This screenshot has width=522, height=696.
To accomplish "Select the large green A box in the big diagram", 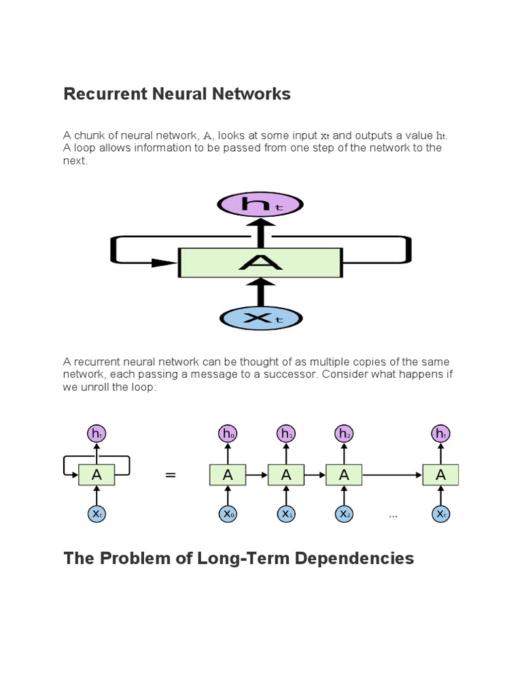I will click(x=260, y=262).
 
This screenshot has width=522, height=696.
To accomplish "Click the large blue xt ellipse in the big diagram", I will click(x=260, y=318).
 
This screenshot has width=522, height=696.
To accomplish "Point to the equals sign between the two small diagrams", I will click(x=171, y=476).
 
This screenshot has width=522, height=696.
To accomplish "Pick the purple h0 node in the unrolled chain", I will click(x=228, y=434).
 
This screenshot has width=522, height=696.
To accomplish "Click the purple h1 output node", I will click(x=285, y=434).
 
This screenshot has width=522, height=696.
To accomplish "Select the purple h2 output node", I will click(x=344, y=434).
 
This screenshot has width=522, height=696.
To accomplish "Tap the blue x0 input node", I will click(x=228, y=515).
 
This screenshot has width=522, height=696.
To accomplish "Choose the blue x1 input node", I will click(x=285, y=515).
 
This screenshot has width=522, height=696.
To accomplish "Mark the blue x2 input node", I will click(x=344, y=515).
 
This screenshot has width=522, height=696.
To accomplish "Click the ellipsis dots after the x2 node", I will click(x=393, y=517).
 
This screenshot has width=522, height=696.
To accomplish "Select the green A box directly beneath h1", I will click(x=285, y=475).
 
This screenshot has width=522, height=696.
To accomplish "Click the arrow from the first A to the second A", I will click(x=257, y=475).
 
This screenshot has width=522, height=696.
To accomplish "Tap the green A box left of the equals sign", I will click(x=97, y=475).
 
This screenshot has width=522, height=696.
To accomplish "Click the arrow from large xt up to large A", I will click(x=260, y=292).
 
